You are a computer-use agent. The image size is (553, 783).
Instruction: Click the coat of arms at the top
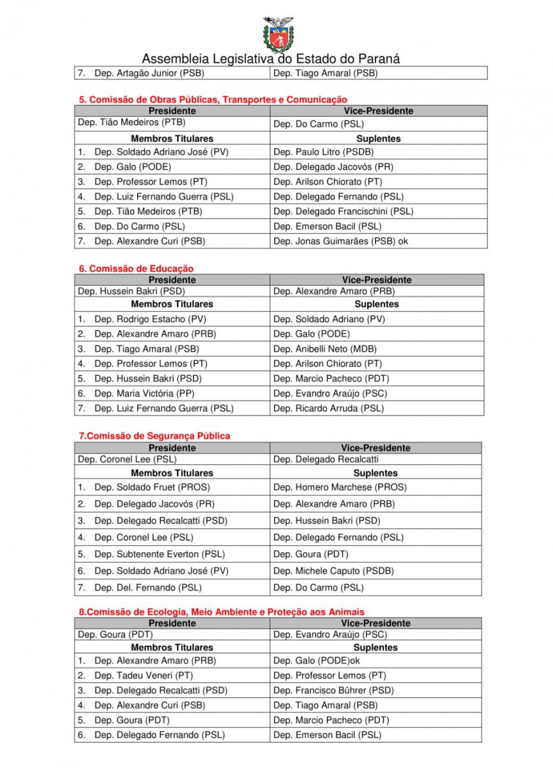pos(278,34)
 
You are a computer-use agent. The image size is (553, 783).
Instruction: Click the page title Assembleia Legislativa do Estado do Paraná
pos(271,59)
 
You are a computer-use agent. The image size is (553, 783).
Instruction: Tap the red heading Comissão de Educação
pos(136,269)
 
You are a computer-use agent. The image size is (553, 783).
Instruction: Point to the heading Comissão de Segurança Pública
pos(154,436)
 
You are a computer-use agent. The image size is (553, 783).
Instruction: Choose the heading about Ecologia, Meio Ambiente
pos(222,612)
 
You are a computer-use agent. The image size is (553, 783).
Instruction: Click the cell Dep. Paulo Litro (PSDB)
pos(323,152)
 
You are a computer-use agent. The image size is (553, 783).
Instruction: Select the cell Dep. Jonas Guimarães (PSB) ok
pos(340,241)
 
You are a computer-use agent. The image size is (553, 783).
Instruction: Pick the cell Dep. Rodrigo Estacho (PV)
pos(150,319)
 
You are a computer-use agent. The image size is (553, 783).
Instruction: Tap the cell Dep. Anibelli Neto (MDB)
pos(325,349)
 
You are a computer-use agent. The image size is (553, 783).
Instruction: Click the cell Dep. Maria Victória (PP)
pos(144,393)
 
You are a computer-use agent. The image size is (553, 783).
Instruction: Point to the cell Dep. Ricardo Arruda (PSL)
pos(329,408)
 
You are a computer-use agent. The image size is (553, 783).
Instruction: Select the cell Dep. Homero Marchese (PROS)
pos(340,487)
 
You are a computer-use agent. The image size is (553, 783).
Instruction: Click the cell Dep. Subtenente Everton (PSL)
pos(160,554)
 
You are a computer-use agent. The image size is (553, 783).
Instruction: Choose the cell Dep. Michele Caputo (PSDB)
pos(333,571)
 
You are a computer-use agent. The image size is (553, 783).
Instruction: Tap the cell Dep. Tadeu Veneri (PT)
pos(144,675)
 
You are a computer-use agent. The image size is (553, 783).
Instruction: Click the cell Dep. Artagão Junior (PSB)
pos(149,73)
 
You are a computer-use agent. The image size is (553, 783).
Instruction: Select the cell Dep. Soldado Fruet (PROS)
pos(152,487)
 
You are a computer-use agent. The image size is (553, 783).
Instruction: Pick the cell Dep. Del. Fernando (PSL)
pos(147,587)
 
